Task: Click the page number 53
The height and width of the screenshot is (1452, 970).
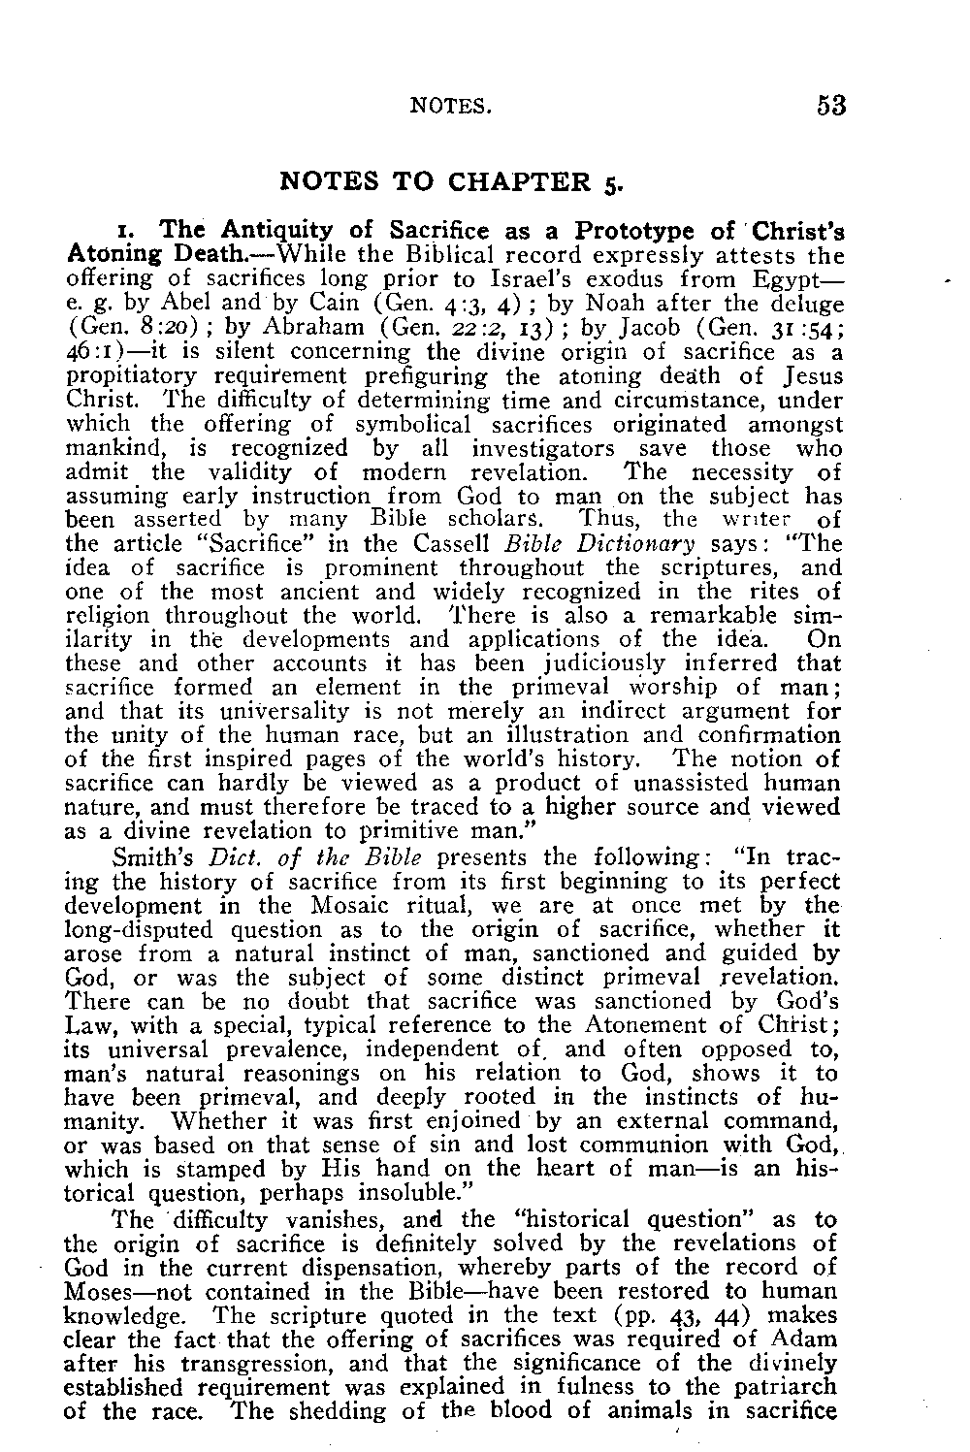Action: pyautogui.click(x=831, y=105)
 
